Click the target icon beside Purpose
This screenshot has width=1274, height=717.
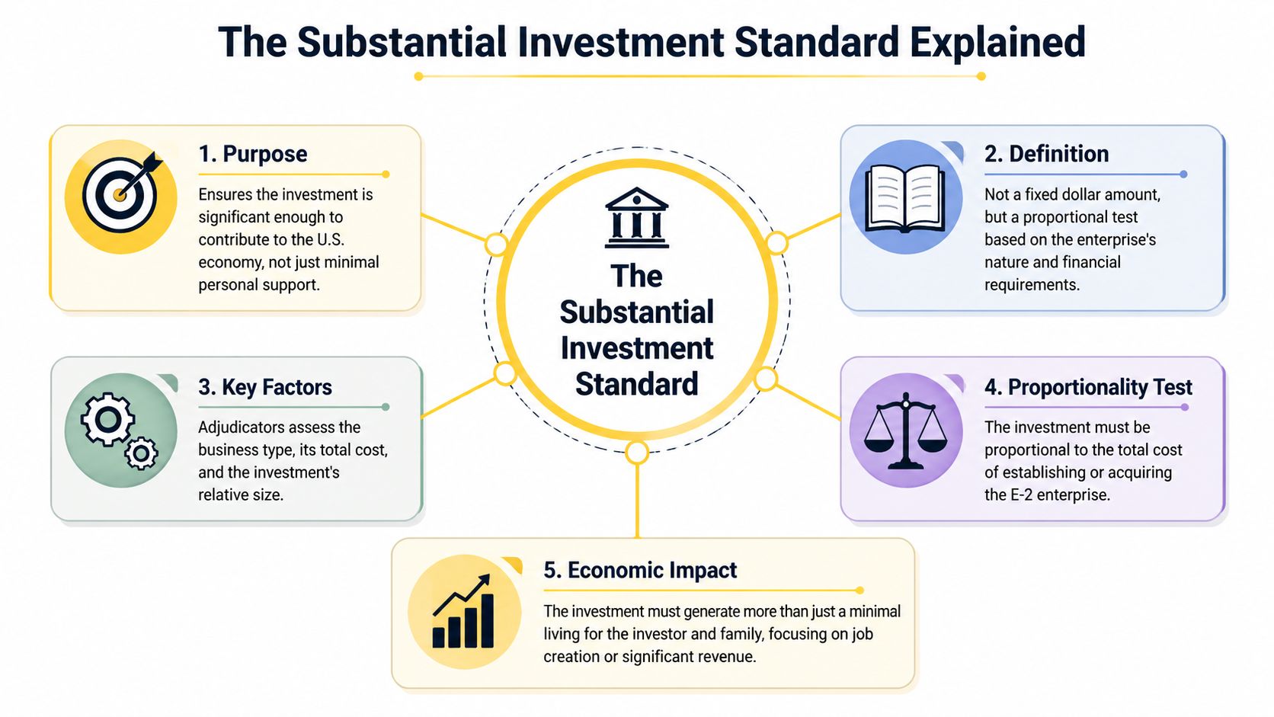[121, 196]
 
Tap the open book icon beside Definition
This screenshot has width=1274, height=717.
[905, 197]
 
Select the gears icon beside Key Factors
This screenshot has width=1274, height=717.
[120, 430]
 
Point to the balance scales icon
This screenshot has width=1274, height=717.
[905, 430]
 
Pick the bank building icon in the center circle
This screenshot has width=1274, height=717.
[636, 218]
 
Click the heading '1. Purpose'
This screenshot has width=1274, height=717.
[252, 154]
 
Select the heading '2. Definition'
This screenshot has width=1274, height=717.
[1046, 154]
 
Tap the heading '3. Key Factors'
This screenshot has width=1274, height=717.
[264, 387]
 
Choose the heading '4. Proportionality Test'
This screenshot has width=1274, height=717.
[1087, 387]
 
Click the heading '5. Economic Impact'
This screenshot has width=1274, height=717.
[639, 570]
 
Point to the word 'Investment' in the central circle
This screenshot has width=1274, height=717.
[636, 348]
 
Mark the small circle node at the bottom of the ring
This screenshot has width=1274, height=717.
[637, 453]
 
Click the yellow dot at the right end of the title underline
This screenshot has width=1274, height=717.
[981, 76]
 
